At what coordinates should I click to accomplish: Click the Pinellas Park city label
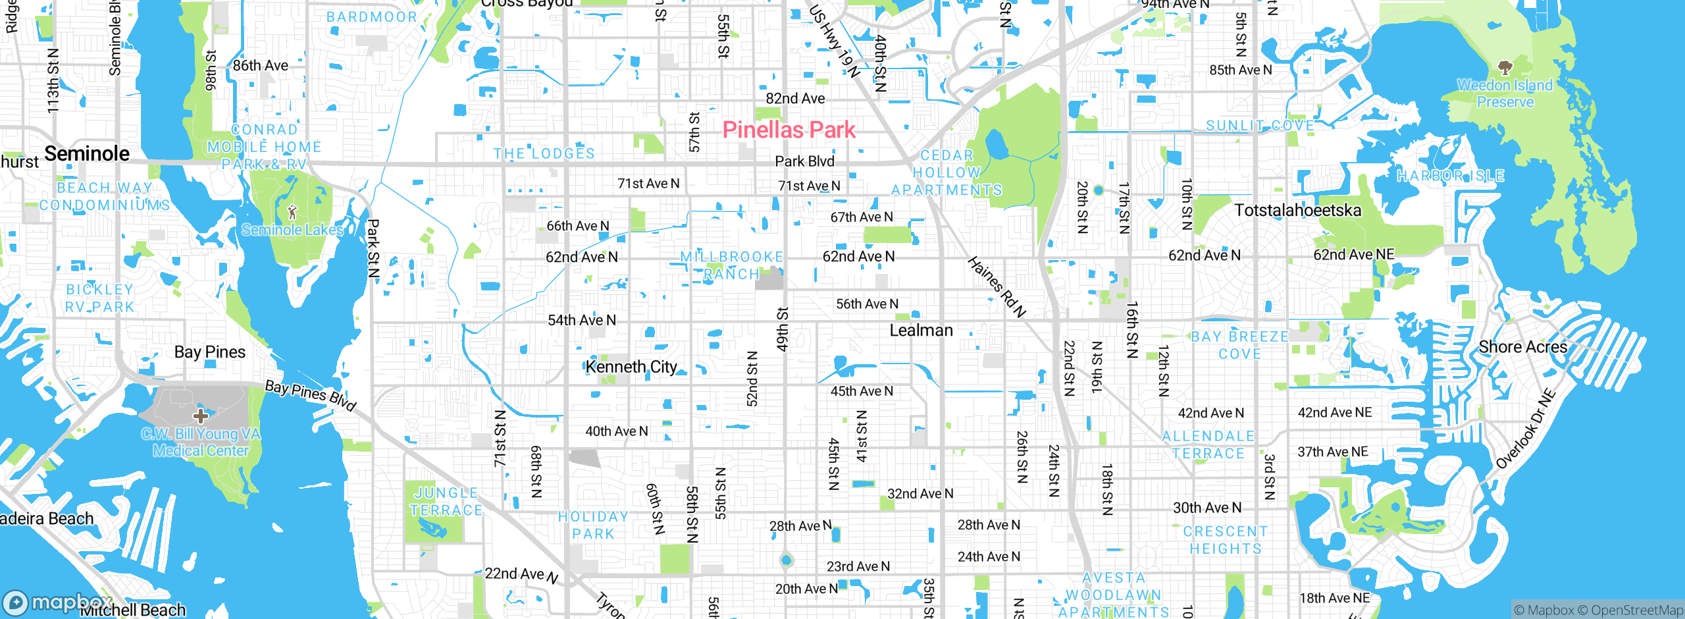(789, 130)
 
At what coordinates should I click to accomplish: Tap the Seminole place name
(87, 153)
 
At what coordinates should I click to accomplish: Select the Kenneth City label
(631, 367)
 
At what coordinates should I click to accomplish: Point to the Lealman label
(921, 330)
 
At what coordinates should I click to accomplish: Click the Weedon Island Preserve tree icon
(1505, 67)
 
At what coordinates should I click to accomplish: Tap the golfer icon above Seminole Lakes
(292, 212)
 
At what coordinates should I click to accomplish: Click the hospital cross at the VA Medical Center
(201, 416)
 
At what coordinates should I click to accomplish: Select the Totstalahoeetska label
(1297, 211)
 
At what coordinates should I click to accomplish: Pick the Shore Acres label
(1522, 347)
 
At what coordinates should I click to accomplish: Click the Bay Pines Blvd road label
(311, 394)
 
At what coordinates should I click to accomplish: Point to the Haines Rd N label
(997, 287)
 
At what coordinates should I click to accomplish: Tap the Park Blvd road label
(804, 161)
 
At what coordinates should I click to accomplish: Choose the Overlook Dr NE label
(1525, 429)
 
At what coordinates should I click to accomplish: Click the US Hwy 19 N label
(834, 41)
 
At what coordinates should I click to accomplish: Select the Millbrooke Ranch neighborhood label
(731, 265)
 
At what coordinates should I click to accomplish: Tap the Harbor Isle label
(1451, 176)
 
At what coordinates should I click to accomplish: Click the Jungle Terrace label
(446, 501)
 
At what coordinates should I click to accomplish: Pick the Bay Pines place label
(209, 352)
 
